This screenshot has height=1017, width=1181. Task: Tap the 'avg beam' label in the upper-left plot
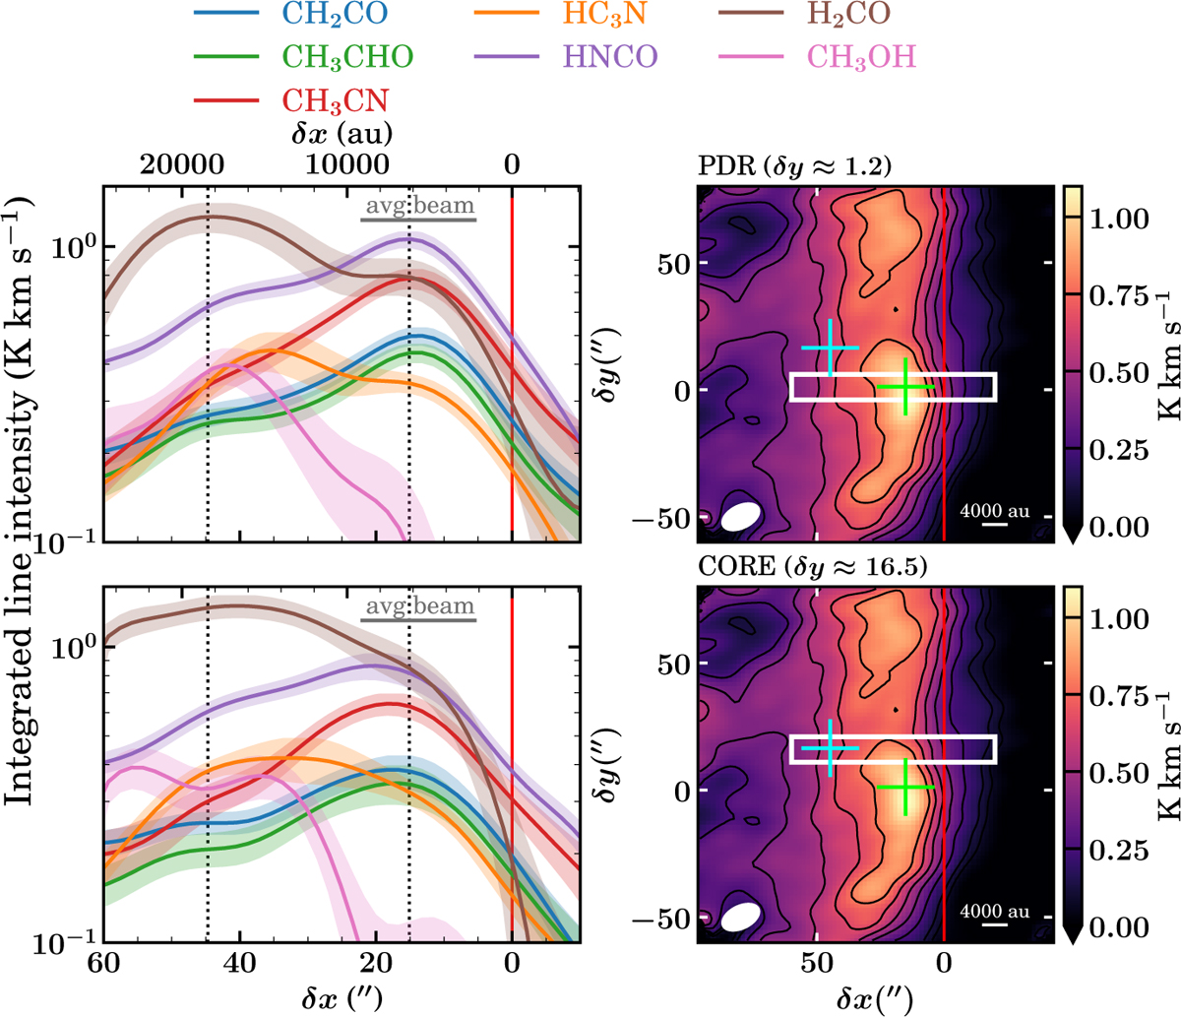(x=419, y=207)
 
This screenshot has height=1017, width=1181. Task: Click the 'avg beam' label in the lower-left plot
(x=419, y=606)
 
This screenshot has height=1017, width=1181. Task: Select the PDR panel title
(x=793, y=166)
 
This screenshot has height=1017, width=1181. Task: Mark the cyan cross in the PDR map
(x=831, y=348)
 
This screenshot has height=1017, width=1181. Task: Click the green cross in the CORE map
(x=904, y=787)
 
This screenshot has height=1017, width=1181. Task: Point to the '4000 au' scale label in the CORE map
(x=995, y=911)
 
